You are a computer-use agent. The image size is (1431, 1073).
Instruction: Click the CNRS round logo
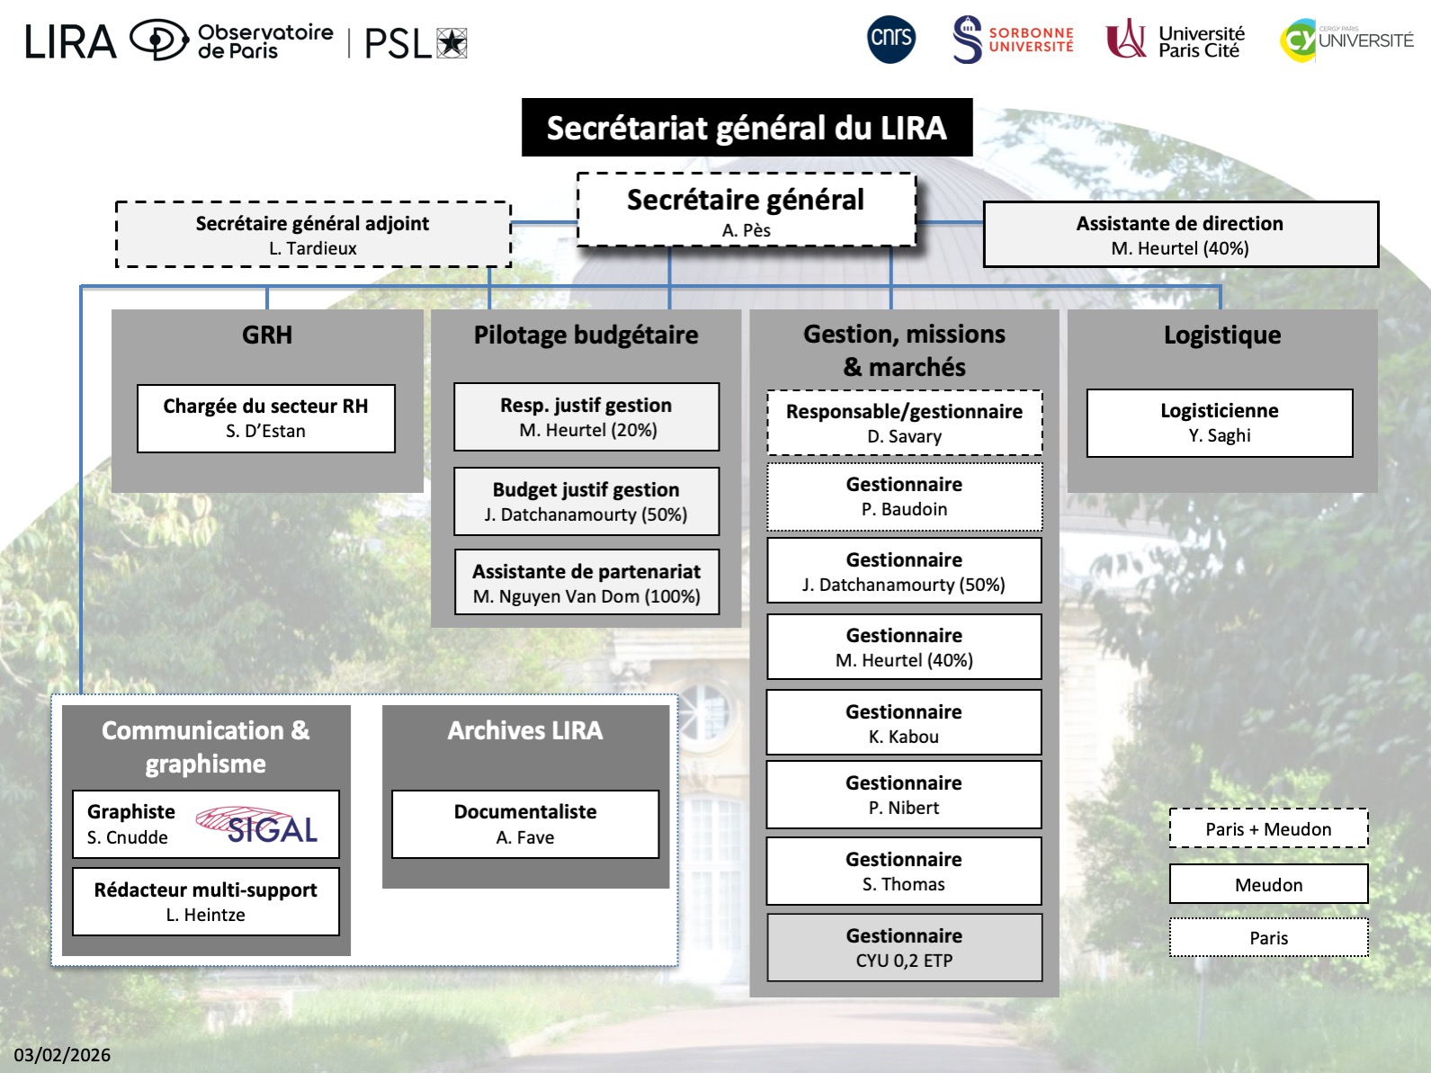click(891, 39)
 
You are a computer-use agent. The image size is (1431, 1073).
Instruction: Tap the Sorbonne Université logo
click(1013, 40)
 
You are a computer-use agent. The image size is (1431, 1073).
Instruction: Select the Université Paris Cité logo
click(1175, 40)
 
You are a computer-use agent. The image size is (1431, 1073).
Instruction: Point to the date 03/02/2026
click(62, 1055)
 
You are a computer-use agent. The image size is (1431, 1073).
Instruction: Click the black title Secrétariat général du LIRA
click(747, 128)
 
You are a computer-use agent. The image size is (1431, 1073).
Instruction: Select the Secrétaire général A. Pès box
click(746, 210)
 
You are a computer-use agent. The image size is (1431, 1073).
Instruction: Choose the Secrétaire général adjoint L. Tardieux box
click(313, 235)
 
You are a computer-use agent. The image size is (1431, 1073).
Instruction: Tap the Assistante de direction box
click(1180, 235)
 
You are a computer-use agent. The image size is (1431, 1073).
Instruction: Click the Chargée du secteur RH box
click(265, 418)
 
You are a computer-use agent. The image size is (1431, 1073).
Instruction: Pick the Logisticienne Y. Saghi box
click(1219, 423)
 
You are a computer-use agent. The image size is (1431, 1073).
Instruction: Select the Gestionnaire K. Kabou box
click(903, 723)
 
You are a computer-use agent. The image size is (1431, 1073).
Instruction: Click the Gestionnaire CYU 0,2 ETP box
click(903, 947)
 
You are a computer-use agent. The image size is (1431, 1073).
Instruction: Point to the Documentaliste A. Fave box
click(525, 824)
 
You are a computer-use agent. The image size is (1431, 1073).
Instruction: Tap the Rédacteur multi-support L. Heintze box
click(205, 901)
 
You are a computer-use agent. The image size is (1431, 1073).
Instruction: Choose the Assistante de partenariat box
click(586, 583)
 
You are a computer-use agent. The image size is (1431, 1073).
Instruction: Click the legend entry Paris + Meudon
click(1268, 828)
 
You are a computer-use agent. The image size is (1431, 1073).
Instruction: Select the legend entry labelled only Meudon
click(1268, 884)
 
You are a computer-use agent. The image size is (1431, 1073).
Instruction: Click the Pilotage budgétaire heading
click(586, 335)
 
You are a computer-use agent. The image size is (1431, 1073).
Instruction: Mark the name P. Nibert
click(903, 808)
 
